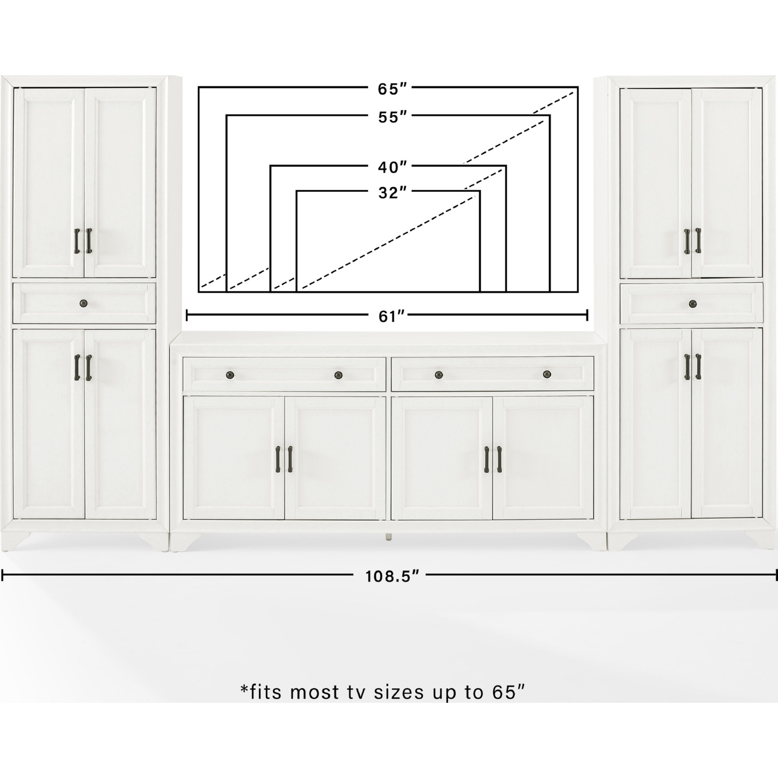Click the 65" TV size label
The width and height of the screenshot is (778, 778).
coord(392,89)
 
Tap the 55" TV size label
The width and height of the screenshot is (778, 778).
coord(392,117)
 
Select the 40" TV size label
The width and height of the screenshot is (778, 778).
coord(392,167)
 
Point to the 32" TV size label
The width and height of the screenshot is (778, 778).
coord(392,193)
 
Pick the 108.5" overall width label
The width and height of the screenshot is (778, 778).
coord(392,576)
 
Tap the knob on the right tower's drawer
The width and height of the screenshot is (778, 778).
coord(692,304)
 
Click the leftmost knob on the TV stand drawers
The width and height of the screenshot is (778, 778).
coord(230,375)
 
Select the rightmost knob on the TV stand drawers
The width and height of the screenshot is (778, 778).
coord(547,374)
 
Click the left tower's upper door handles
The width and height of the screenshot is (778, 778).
coord(82,241)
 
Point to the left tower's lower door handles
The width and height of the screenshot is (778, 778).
coord(82,367)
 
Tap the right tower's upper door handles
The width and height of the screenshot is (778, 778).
coord(692,241)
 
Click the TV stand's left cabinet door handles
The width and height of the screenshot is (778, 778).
coord(283,459)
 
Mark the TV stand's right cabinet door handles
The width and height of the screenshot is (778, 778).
coord(493,459)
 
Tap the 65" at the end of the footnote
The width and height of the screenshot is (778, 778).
coord(508,691)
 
